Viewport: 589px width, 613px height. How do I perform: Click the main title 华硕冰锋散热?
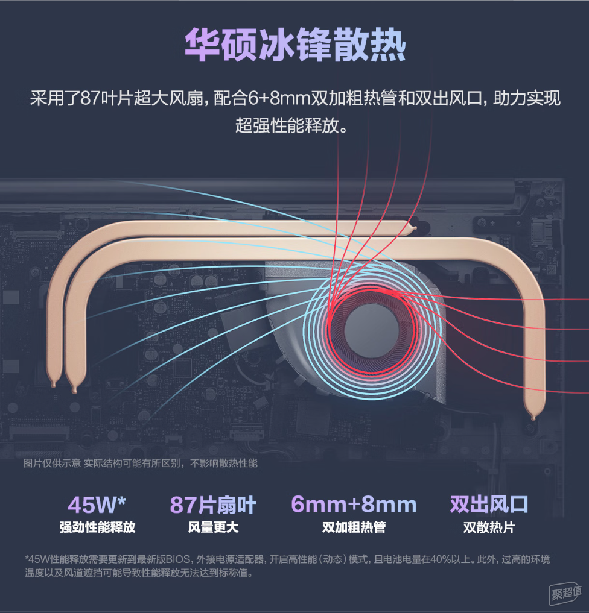[x=295, y=45]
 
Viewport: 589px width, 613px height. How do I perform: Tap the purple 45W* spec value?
[x=97, y=505]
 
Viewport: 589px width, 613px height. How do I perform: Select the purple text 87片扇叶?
[x=213, y=505]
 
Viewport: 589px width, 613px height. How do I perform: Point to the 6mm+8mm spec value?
[x=354, y=504]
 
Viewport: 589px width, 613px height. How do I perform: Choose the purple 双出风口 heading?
[x=489, y=504]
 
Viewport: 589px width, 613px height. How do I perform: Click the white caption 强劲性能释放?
[x=97, y=527]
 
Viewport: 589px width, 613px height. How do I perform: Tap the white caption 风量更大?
[x=213, y=527]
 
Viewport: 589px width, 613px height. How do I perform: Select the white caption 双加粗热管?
[x=354, y=527]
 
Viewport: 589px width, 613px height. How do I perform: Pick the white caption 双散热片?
[x=489, y=527]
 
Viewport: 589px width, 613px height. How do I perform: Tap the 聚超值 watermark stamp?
[x=565, y=594]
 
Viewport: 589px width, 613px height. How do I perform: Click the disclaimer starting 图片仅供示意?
[x=140, y=464]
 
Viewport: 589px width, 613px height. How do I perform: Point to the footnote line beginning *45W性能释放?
[x=287, y=559]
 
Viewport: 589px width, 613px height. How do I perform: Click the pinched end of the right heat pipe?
[x=533, y=418]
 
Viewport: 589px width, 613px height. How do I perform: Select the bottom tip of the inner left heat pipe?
[x=74, y=390]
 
